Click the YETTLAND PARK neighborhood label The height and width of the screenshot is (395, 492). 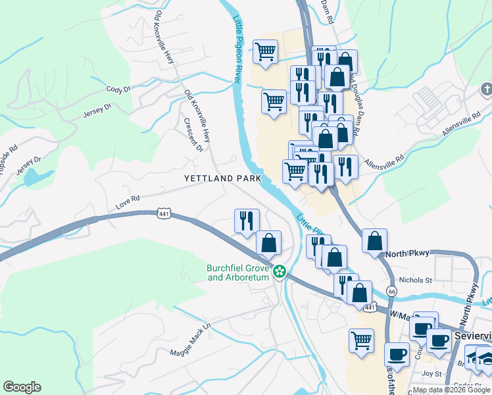(222, 178)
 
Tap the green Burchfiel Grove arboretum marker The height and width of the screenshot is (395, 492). (280, 271)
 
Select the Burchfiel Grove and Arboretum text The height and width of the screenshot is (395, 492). (238, 273)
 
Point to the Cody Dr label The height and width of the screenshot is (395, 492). (118, 89)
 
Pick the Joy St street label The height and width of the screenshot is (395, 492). (432, 373)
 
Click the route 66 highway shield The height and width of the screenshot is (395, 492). (392, 290)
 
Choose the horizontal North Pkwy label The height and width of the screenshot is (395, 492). (408, 253)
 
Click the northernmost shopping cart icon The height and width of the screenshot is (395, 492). (266, 51)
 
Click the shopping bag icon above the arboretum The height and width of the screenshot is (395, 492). (268, 242)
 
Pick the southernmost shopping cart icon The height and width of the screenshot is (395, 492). (361, 340)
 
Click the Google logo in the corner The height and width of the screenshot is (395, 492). (22, 387)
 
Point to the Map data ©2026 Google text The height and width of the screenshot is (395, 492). (451, 390)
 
